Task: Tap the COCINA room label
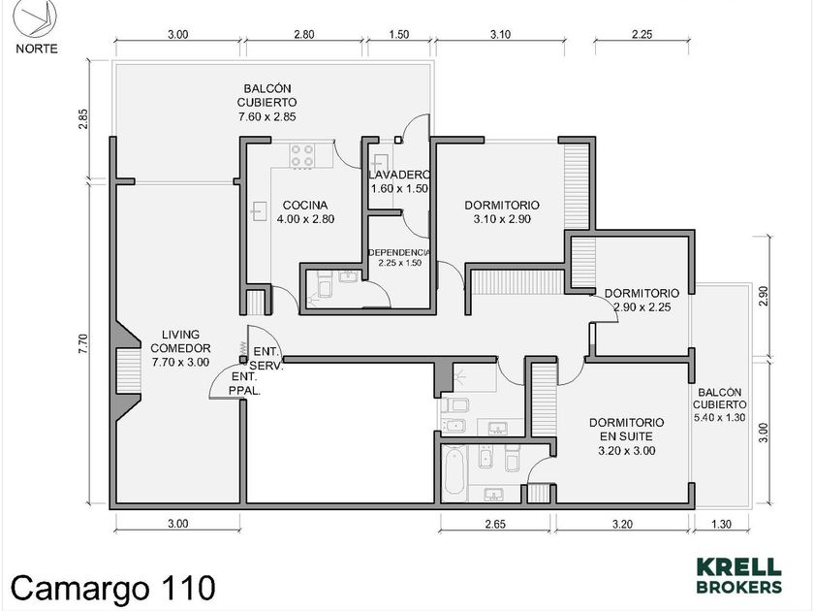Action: (x=305, y=206)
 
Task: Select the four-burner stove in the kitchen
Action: (x=302, y=155)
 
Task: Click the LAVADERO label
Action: (x=399, y=175)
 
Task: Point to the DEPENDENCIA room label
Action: (x=399, y=252)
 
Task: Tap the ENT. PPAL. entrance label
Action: (x=244, y=383)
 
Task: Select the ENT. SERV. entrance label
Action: (x=266, y=359)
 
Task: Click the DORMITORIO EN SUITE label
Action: (x=627, y=429)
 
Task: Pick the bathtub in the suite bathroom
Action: (x=455, y=471)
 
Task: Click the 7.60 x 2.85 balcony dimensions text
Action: (x=267, y=117)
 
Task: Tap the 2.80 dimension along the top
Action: (x=304, y=35)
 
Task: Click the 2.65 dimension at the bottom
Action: (x=495, y=524)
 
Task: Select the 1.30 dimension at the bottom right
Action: (x=721, y=524)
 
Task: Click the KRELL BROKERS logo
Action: (x=738, y=576)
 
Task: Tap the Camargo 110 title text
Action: (x=112, y=589)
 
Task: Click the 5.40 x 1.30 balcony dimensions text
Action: (x=719, y=417)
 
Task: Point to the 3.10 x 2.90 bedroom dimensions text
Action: (x=502, y=219)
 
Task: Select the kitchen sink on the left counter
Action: (x=260, y=211)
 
